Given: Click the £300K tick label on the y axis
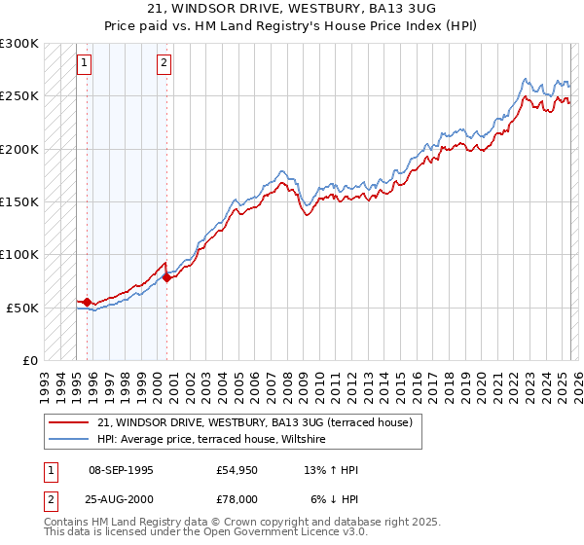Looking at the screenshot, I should [19, 44].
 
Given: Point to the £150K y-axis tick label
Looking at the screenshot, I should [19, 202].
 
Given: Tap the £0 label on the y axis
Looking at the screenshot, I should [29, 360].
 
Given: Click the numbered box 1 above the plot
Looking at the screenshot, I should [85, 64].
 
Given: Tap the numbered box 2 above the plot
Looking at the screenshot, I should [164, 64].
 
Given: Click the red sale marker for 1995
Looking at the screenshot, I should [88, 302].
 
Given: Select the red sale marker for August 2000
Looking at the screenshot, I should [166, 277].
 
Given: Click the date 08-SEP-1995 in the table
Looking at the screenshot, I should [121, 470].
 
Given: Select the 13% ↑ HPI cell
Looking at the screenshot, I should [331, 470].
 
